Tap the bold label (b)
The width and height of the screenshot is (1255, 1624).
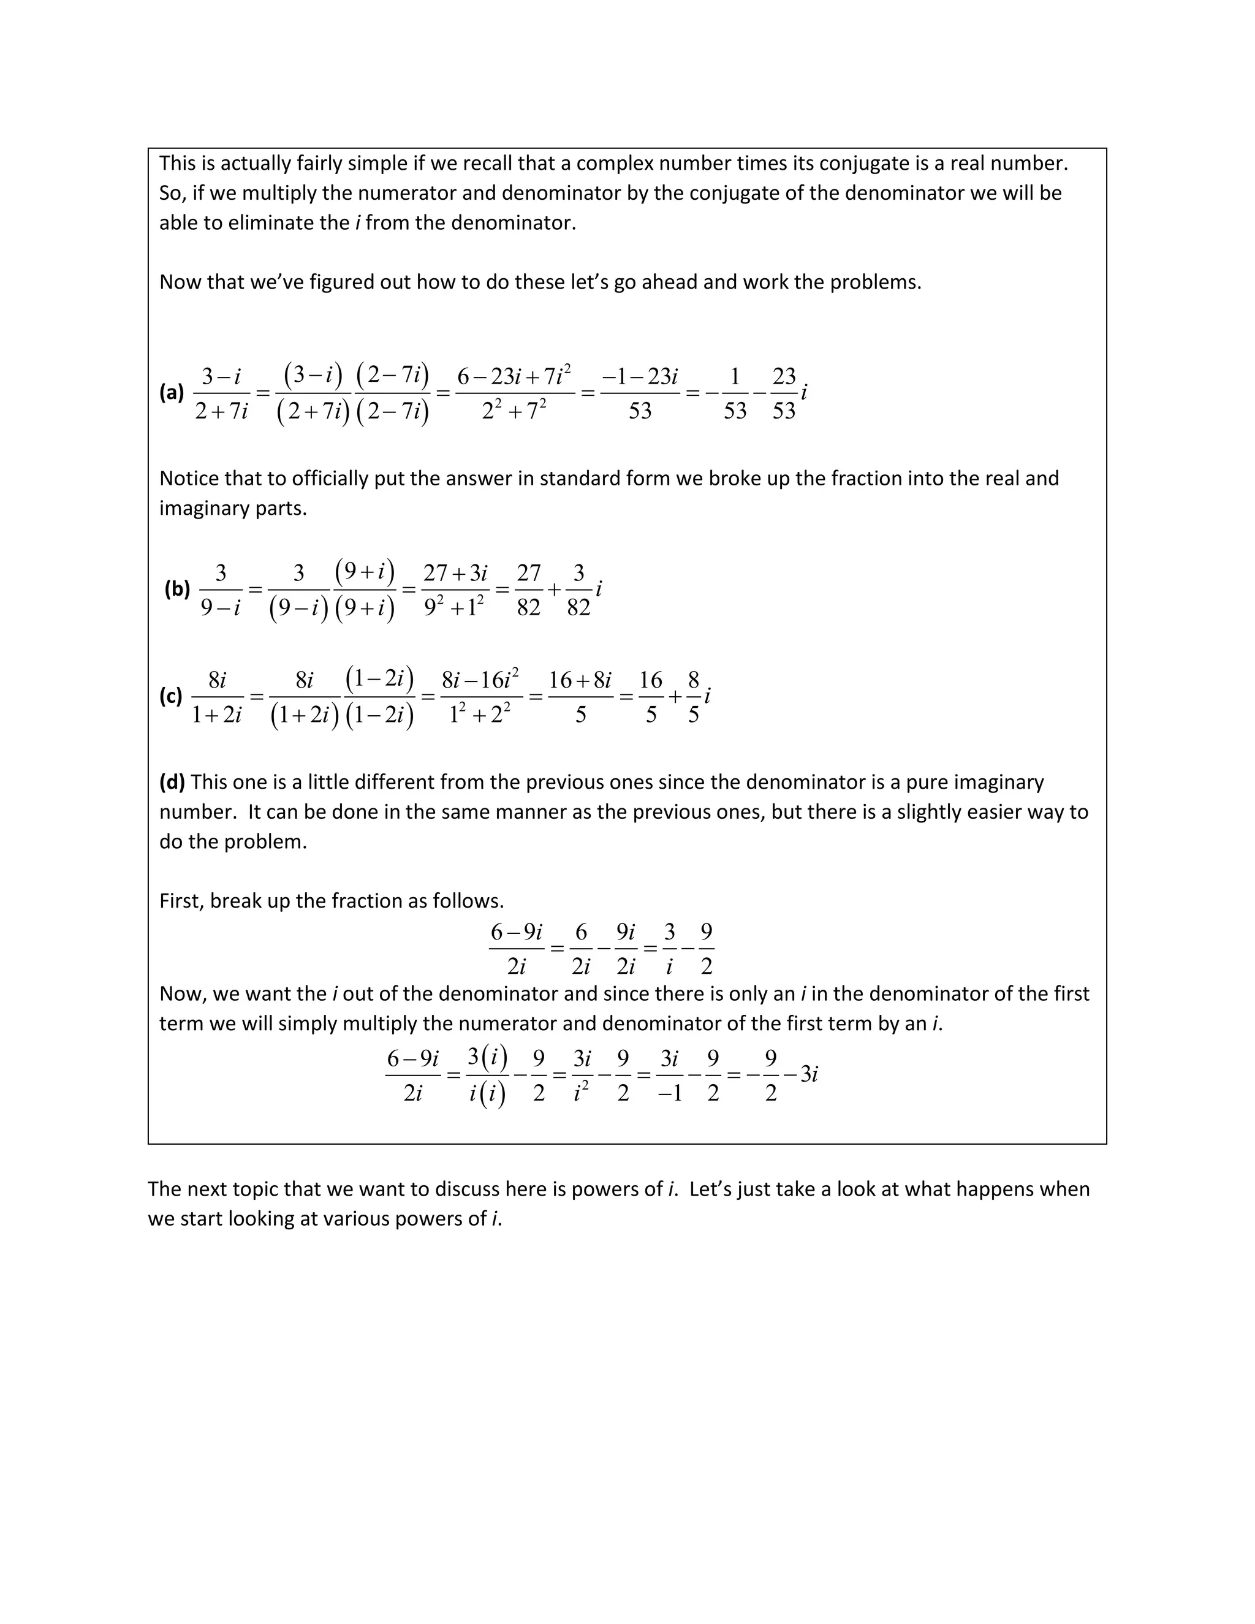tap(177, 589)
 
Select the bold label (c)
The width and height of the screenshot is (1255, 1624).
tap(170, 696)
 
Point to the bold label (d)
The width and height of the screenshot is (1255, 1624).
tap(172, 781)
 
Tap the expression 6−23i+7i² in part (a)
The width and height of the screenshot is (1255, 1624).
tap(514, 376)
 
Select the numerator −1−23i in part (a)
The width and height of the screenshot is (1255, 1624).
tap(639, 376)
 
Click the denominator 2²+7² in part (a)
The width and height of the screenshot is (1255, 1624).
tap(514, 411)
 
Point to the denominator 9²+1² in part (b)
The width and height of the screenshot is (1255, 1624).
tap(453, 607)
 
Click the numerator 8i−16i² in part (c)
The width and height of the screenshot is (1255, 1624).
tap(480, 680)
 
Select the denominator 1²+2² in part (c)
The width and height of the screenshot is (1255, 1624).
tap(480, 715)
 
